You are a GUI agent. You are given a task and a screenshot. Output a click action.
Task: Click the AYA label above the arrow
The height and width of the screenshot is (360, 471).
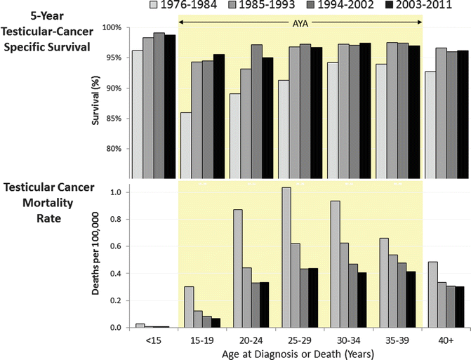pos(299,23)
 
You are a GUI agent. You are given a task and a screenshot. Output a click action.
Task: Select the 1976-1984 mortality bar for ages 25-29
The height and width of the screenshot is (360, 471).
pos(286,258)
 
